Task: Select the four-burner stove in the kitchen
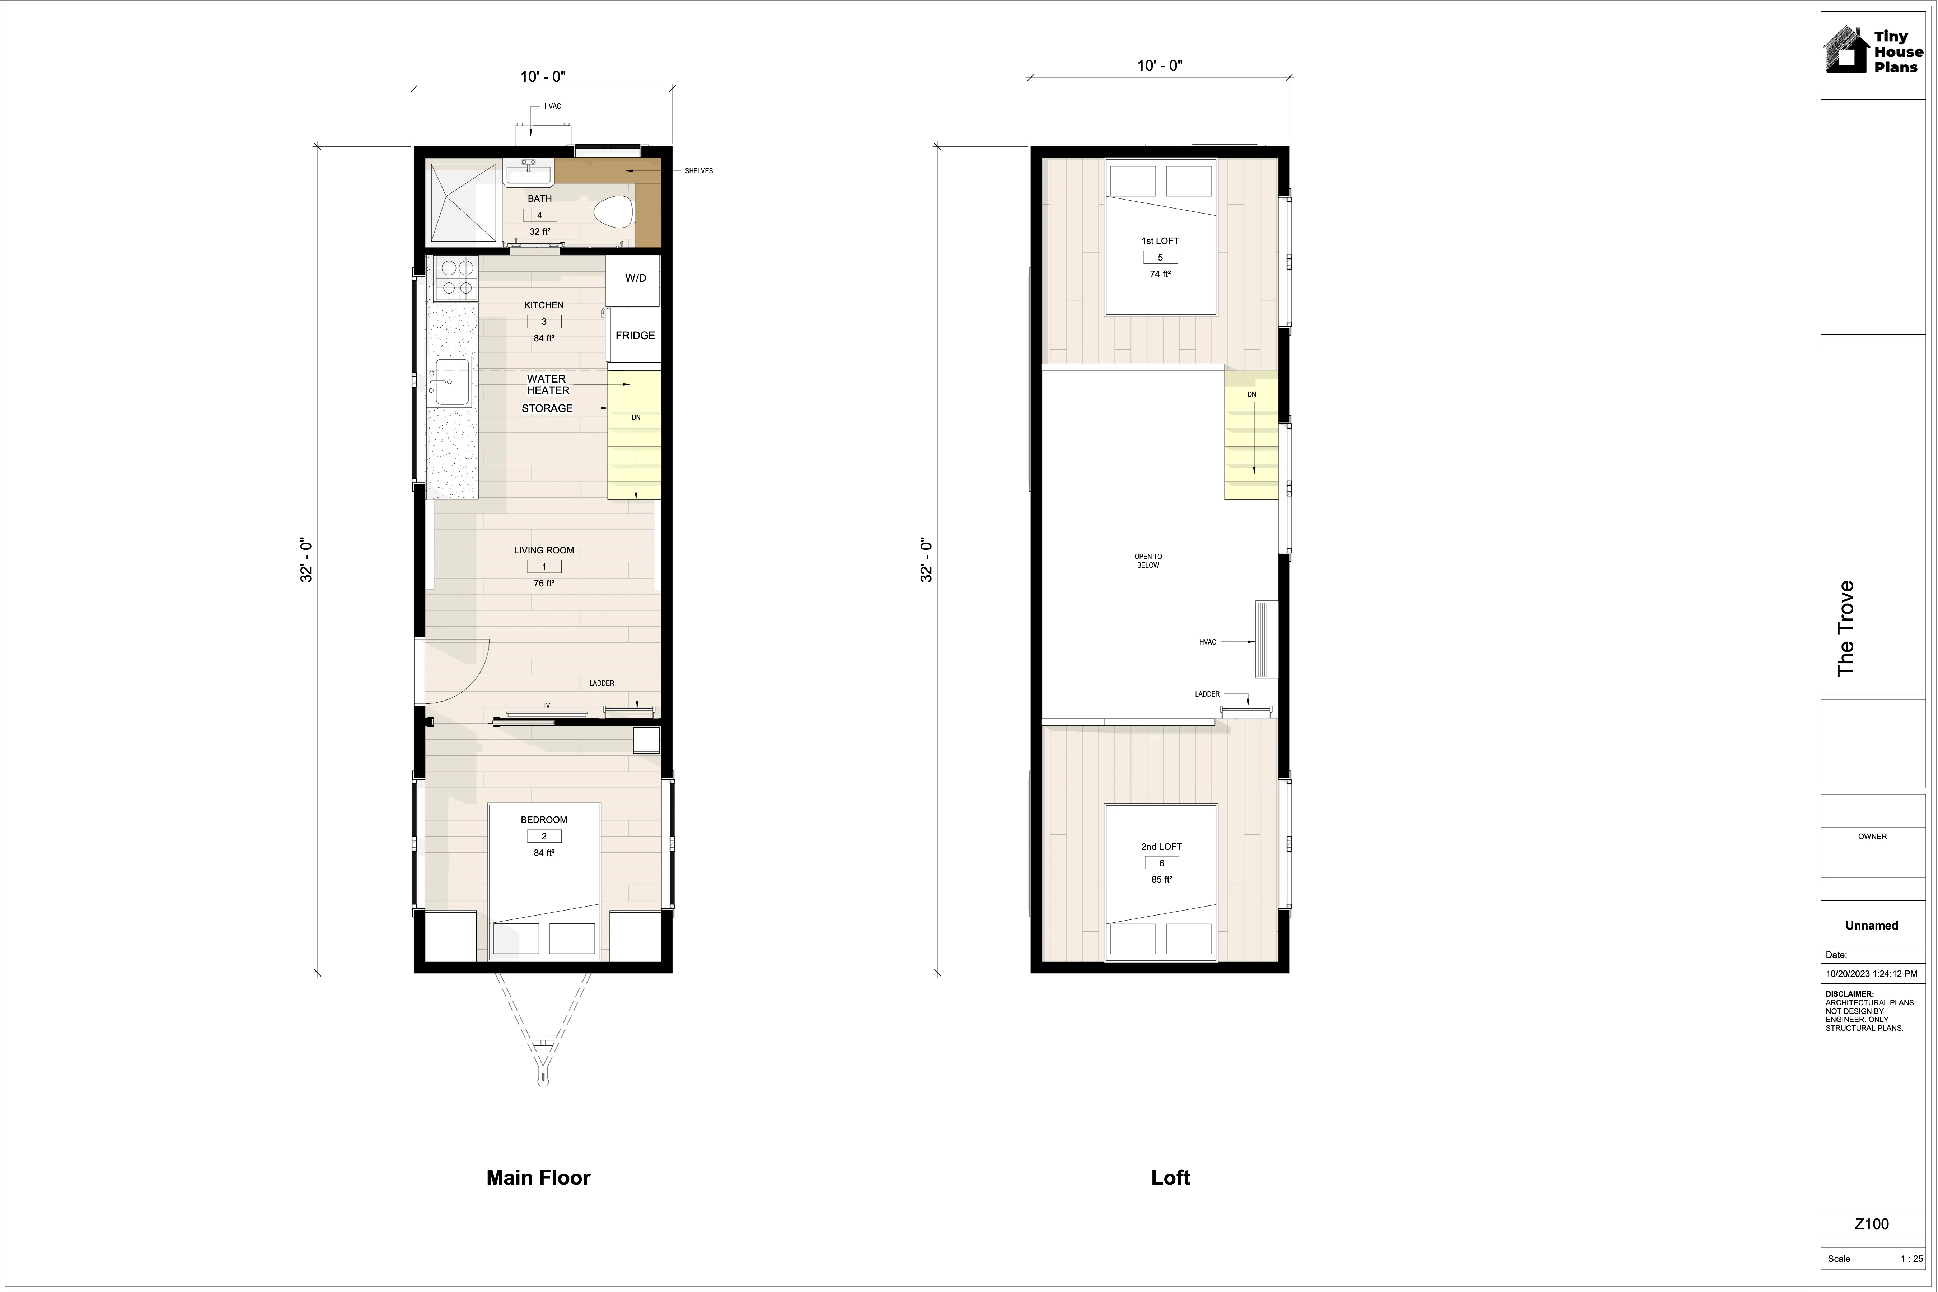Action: point(456,277)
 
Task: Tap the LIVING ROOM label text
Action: point(544,551)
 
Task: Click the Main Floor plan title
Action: point(538,1178)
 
